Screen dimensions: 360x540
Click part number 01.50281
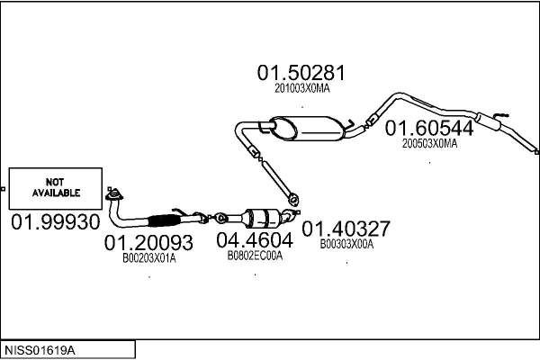[301, 72]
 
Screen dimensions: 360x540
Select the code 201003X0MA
[302, 88]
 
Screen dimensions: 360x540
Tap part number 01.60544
[429, 129]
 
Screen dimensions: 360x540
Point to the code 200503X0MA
[429, 143]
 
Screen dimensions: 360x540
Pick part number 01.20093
[149, 243]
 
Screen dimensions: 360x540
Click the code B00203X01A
[149, 258]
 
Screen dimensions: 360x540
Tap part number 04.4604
[255, 240]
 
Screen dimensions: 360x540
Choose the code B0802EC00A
[255, 256]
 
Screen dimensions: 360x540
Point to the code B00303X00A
[346, 243]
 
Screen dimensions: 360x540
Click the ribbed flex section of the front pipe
[165, 220]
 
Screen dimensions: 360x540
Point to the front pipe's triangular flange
[113, 193]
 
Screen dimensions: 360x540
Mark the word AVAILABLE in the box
[57, 193]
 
